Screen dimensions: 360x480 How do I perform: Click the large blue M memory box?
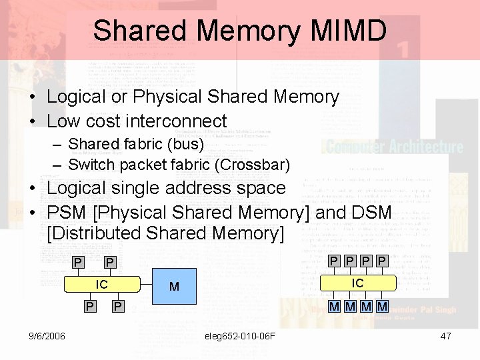tap(174, 287)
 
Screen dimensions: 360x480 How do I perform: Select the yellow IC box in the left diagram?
tap(102, 285)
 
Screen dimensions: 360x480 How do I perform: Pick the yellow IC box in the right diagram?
tap(358, 283)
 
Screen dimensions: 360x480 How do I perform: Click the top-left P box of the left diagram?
tap(79, 262)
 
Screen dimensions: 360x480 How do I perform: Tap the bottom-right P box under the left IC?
tap(117, 306)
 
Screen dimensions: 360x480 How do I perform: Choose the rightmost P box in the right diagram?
tap(381, 261)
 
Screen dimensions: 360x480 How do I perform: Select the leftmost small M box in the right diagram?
tap(335, 306)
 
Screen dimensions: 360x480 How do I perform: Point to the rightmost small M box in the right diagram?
tap(381, 306)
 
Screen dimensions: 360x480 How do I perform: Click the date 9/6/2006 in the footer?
tap(47, 336)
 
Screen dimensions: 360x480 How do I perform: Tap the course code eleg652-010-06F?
tap(241, 336)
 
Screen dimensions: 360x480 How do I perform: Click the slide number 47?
tap(446, 336)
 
